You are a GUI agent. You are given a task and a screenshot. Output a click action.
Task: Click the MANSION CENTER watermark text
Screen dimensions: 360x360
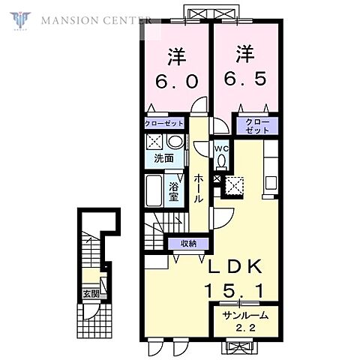coord(96,20)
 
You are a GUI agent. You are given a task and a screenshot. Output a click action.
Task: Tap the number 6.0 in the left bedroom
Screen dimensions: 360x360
coord(177,81)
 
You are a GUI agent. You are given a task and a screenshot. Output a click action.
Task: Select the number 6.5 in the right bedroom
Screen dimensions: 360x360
coord(245,79)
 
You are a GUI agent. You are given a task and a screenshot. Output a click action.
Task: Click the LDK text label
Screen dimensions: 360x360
coord(235,266)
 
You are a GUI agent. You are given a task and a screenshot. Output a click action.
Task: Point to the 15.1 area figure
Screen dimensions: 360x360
coord(234,291)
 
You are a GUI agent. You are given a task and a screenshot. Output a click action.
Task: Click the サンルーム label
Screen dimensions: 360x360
coord(245,316)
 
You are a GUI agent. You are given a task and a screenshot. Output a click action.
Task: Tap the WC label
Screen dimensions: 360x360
coord(221,148)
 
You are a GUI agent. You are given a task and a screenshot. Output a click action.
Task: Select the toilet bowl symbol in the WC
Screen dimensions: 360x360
coord(221,160)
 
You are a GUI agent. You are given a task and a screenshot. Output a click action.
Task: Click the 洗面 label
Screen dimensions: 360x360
coord(163,158)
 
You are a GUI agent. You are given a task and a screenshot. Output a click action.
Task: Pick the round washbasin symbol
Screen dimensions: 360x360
coord(175,141)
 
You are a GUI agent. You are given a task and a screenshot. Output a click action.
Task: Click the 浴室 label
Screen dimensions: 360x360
coord(173,192)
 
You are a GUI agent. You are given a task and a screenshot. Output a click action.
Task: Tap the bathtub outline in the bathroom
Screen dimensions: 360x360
coord(154,190)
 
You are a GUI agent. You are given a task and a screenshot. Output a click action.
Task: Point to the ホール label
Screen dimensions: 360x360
coord(199,189)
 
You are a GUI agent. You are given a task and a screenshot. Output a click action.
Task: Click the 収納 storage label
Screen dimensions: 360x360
coord(189,243)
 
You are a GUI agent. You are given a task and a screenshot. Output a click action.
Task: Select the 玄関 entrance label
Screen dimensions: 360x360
coord(91,294)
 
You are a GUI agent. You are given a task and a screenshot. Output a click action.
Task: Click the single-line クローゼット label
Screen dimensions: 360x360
coord(164,124)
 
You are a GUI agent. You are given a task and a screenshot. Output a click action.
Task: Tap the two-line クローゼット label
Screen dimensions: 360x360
coord(257,126)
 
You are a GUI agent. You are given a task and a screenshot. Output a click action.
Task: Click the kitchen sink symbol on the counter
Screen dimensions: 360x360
coord(271,183)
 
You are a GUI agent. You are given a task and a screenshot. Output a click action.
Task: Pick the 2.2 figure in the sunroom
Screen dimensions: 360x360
coord(245,328)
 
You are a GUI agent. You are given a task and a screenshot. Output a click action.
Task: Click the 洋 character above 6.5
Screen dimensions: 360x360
coord(245,54)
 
